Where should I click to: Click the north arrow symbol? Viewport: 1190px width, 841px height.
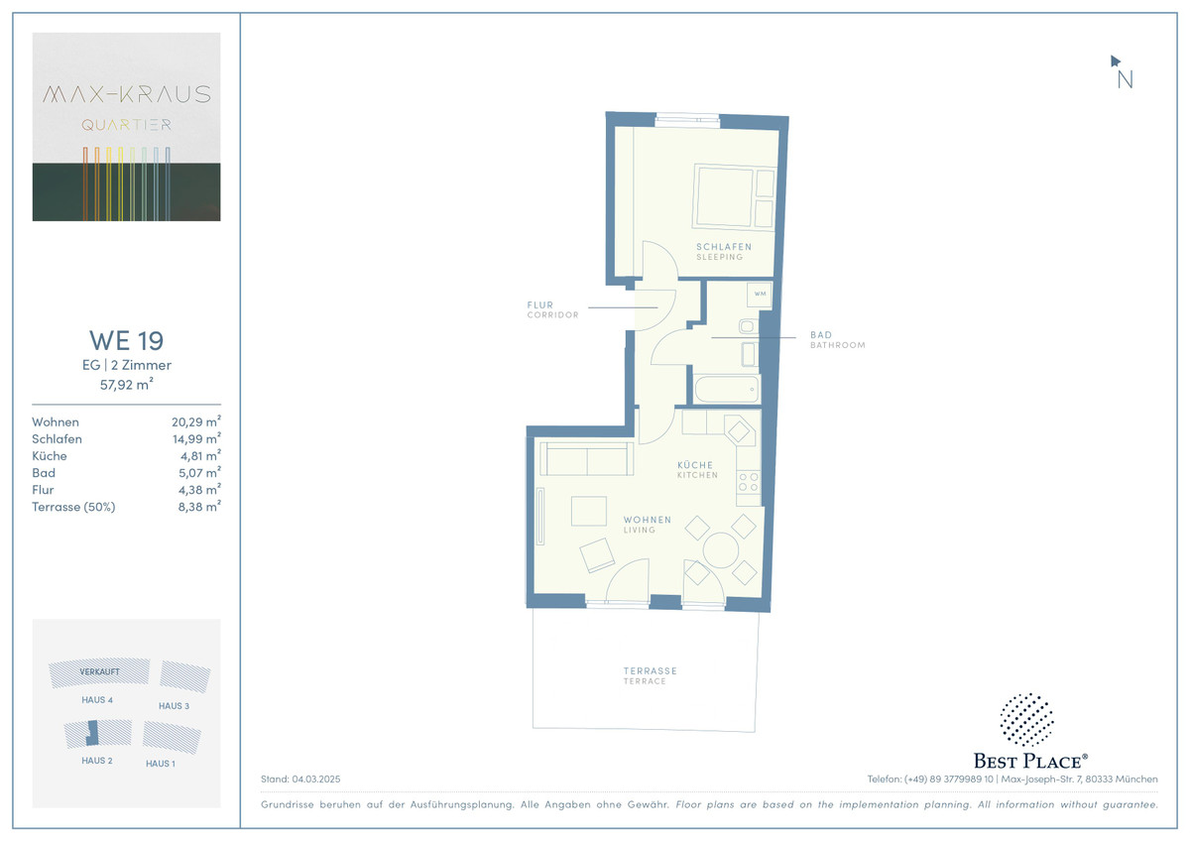click(x=1115, y=61)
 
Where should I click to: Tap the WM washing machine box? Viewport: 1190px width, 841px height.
click(x=760, y=295)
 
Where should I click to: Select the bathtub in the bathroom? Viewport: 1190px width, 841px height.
click(x=727, y=389)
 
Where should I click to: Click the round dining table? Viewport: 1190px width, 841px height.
click(x=720, y=550)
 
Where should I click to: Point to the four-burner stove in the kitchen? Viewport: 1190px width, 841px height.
click(x=749, y=482)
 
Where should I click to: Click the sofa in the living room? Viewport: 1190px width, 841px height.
click(x=586, y=458)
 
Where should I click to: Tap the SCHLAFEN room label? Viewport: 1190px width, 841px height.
click(x=724, y=247)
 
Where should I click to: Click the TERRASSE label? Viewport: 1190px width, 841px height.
click(x=650, y=671)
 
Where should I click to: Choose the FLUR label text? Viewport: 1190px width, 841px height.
click(x=539, y=304)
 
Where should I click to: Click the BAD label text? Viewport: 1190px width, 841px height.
click(x=821, y=334)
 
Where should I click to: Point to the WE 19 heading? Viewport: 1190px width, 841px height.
click(x=127, y=340)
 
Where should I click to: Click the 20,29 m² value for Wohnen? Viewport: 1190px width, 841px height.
click(x=196, y=421)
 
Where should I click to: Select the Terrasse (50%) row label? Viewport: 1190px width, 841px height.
click(x=73, y=507)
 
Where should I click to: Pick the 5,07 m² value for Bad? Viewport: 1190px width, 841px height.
click(x=199, y=472)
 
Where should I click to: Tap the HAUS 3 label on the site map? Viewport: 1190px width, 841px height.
click(x=174, y=706)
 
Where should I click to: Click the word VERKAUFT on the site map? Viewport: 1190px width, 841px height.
click(x=99, y=671)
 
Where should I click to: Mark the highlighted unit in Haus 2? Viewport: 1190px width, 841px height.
click(x=92, y=733)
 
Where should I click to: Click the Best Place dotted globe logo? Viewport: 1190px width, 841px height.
click(x=1027, y=719)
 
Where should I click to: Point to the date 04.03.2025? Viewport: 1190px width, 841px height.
click(x=316, y=779)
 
